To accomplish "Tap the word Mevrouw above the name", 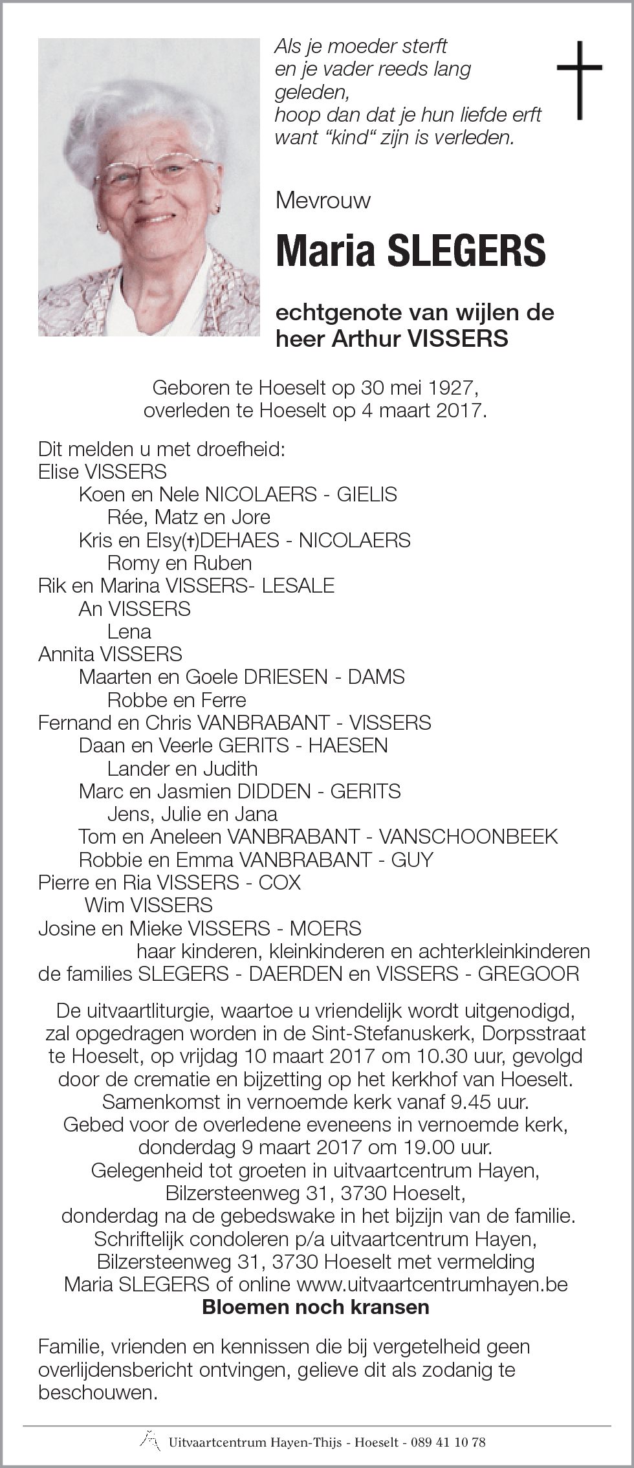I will click(x=323, y=201).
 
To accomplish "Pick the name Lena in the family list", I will click(x=129, y=631).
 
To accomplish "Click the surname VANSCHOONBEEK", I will click(x=468, y=837).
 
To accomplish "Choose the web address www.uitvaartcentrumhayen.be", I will click(x=432, y=1284).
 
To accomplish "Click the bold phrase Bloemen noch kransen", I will click(x=316, y=1308).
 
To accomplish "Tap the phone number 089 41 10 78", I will click(x=452, y=1442).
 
